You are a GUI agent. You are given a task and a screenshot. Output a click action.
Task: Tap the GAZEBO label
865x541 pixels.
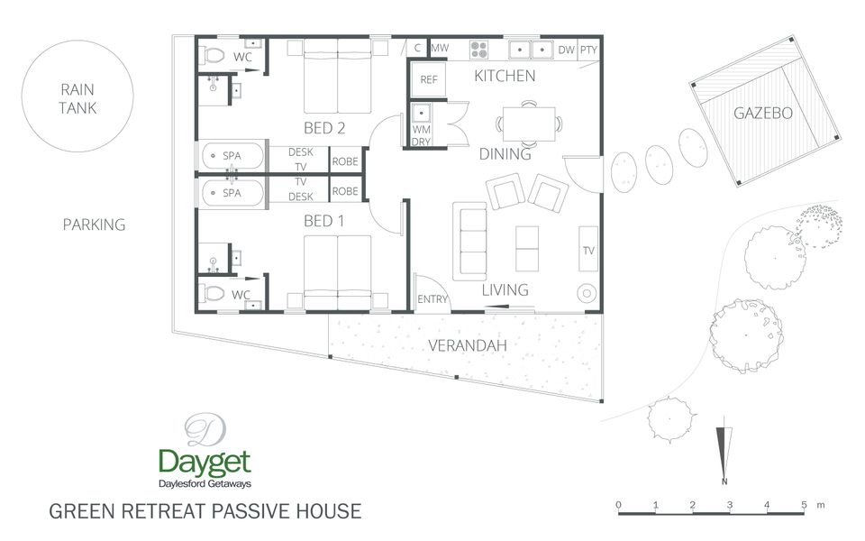[762, 114]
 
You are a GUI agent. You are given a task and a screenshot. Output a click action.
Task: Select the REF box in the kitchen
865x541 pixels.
[429, 79]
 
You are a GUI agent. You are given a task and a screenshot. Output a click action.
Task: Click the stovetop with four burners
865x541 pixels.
[479, 49]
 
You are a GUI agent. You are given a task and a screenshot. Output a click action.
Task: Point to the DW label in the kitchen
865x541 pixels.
[566, 50]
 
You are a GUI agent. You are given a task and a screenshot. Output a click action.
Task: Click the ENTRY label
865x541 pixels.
[432, 299]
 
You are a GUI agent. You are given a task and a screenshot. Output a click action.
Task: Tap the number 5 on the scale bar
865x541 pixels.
[804, 504]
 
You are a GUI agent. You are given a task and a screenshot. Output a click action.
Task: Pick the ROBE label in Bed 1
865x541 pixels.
[345, 191]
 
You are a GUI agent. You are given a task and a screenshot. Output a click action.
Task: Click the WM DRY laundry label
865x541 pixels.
[422, 135]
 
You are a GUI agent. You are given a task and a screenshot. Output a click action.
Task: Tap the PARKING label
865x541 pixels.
[94, 225]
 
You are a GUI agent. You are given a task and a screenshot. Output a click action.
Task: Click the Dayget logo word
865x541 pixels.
[205, 463]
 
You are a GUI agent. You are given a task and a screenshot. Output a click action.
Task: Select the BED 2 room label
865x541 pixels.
[324, 128]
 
